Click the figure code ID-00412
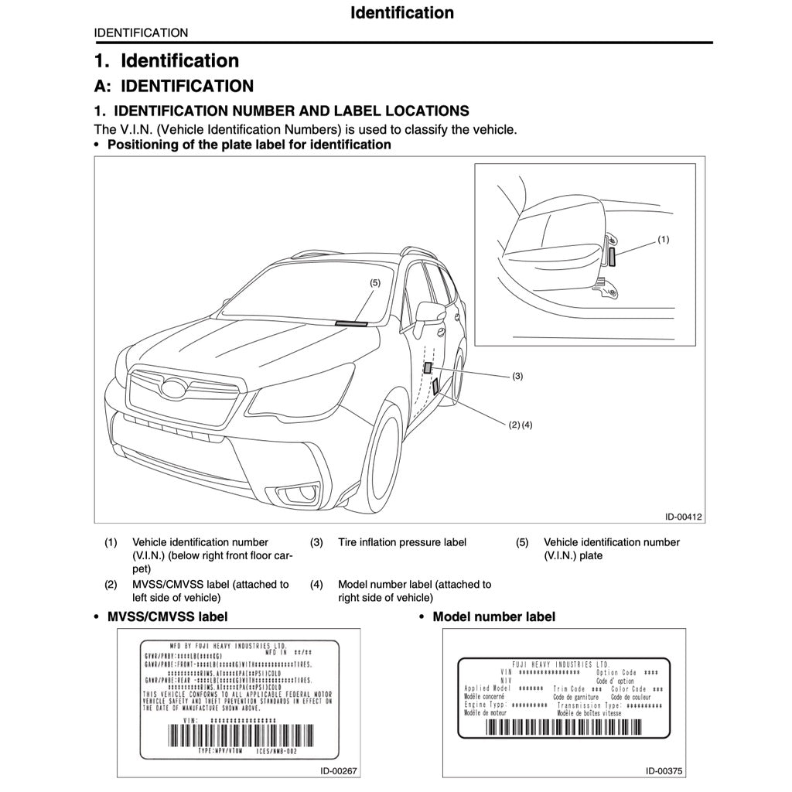pyautogui.click(x=684, y=517)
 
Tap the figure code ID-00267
pyautogui.click(x=339, y=770)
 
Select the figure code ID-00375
pyautogui.click(x=665, y=770)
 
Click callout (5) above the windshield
pyautogui.click(x=375, y=284)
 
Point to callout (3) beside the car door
pyautogui.click(x=517, y=377)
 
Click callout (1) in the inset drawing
pyautogui.click(x=663, y=239)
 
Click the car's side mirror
pyautogui.click(x=429, y=312)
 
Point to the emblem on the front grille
pyautogui.click(x=177, y=390)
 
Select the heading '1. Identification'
pyautogui.click(x=166, y=60)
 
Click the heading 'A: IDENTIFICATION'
pyautogui.click(x=174, y=86)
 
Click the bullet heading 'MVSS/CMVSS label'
pyautogui.click(x=167, y=616)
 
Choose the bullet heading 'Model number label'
pyautogui.click(x=493, y=616)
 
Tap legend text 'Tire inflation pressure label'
pyautogui.click(x=402, y=542)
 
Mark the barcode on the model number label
pyautogui.click(x=564, y=726)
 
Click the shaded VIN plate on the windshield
pyautogui.click(x=353, y=322)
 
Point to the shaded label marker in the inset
pyautogui.click(x=612, y=257)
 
